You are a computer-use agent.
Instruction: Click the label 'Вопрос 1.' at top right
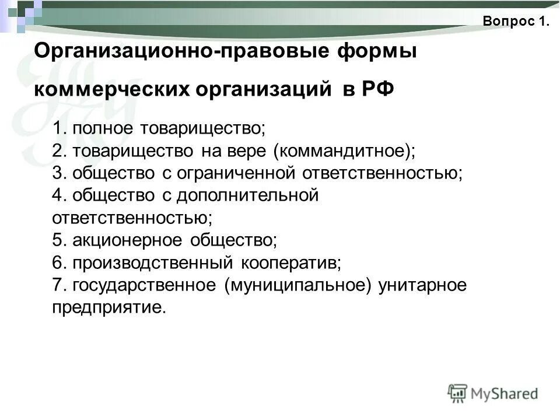(x=516, y=22)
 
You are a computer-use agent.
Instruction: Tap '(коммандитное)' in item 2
(x=344, y=150)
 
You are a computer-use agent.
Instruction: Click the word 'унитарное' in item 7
(x=422, y=285)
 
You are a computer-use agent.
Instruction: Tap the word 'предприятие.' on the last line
(x=109, y=307)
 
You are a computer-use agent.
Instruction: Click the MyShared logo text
(x=505, y=394)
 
